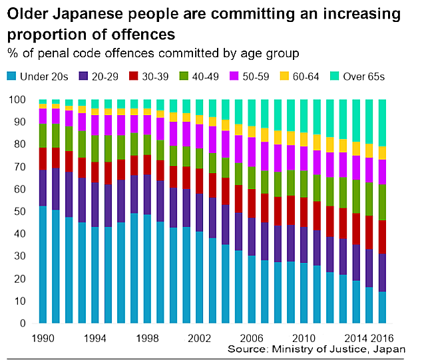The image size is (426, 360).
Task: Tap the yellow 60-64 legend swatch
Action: click(x=286, y=77)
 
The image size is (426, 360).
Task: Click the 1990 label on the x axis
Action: click(x=43, y=337)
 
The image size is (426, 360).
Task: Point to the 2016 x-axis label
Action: click(x=382, y=337)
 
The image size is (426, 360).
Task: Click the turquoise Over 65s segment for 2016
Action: click(x=382, y=122)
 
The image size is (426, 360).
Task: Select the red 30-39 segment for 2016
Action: click(x=382, y=237)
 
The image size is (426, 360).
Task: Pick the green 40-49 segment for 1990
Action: click(x=43, y=135)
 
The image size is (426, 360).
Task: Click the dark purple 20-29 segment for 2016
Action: click(x=382, y=272)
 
